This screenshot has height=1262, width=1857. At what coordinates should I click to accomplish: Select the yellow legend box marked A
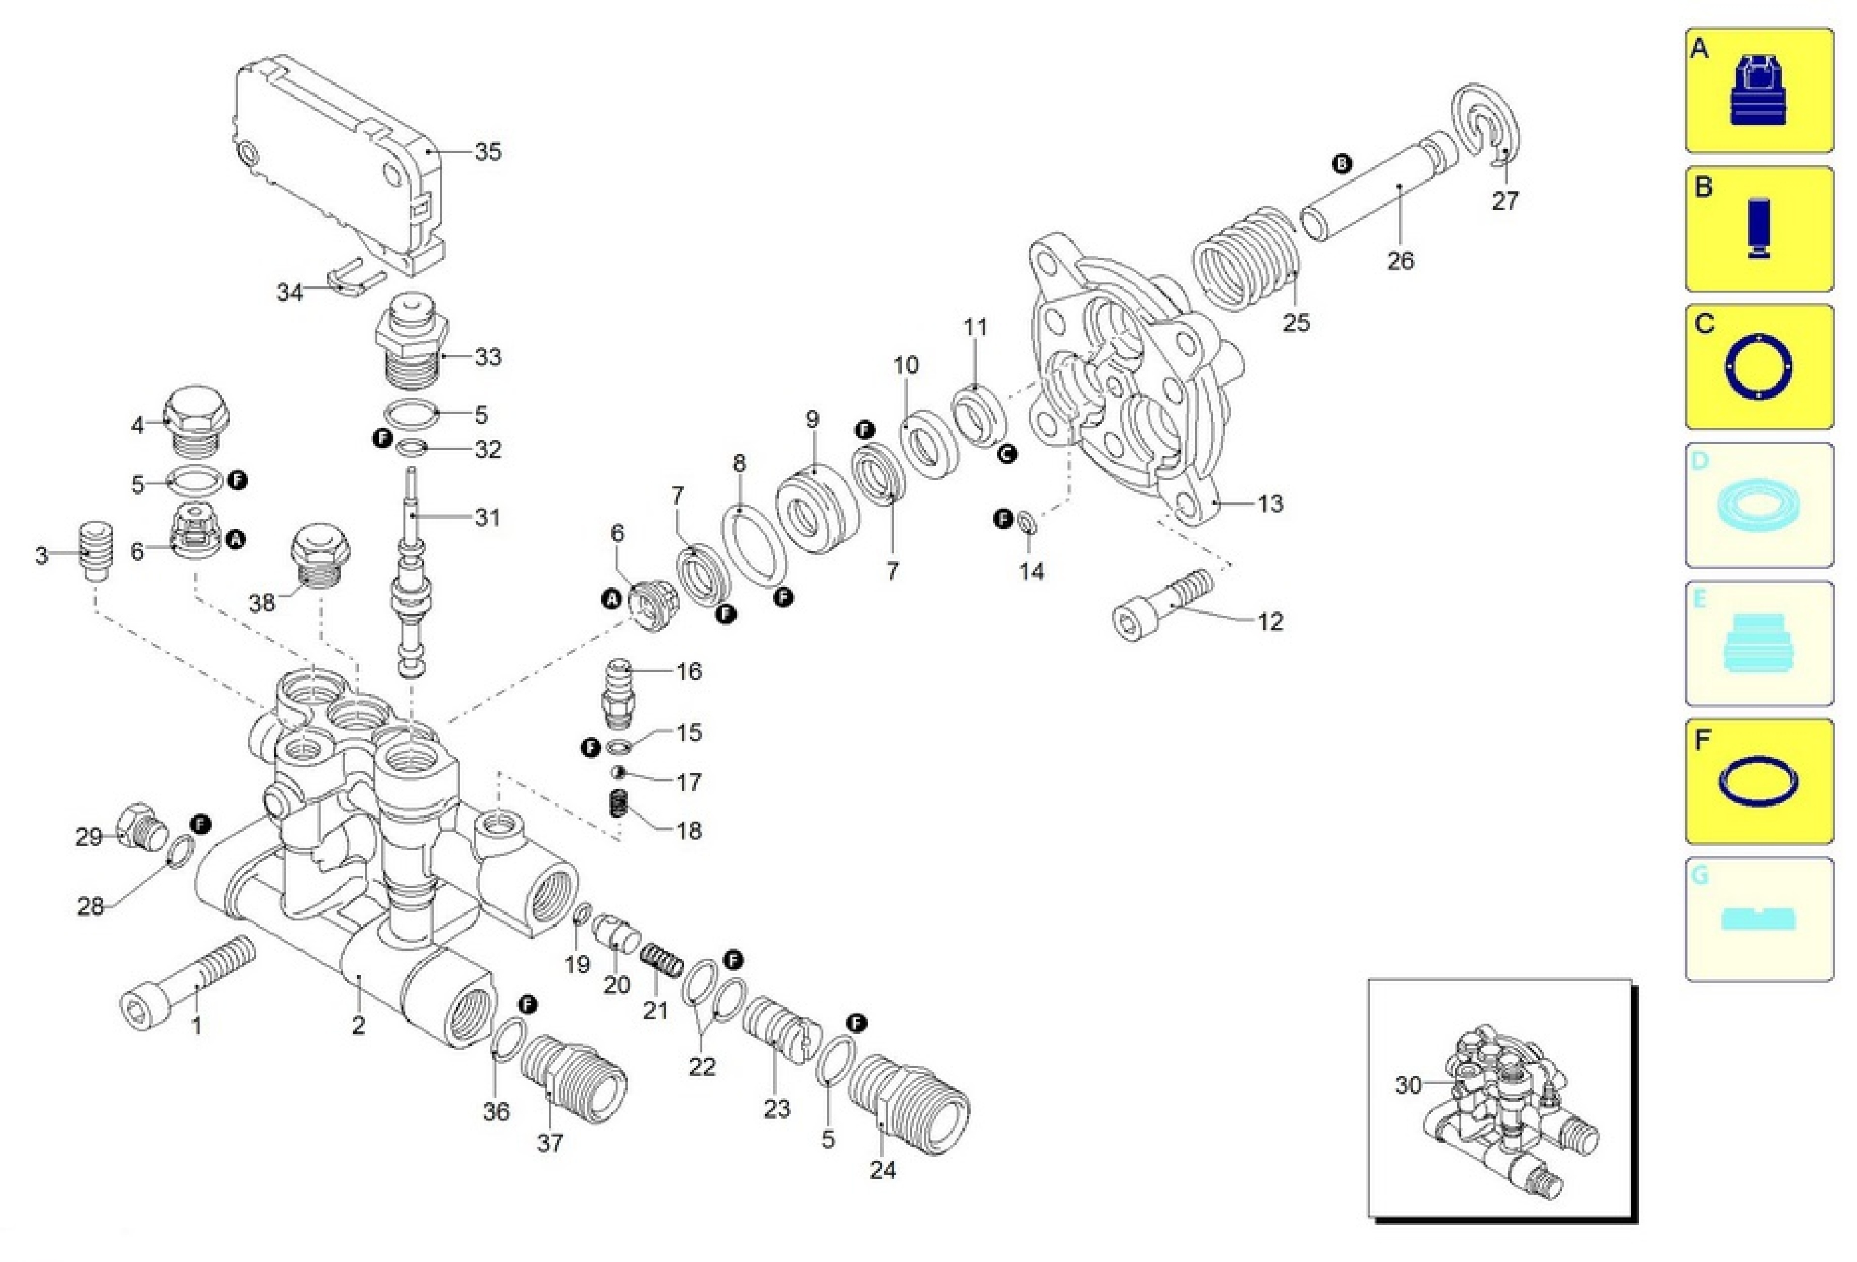point(1759,90)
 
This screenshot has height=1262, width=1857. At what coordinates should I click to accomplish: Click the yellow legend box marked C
point(1759,367)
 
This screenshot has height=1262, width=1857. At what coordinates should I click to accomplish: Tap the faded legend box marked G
point(1759,919)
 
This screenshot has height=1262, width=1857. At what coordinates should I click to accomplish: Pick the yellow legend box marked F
point(1759,781)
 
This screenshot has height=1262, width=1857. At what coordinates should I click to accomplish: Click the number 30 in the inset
point(1408,1085)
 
